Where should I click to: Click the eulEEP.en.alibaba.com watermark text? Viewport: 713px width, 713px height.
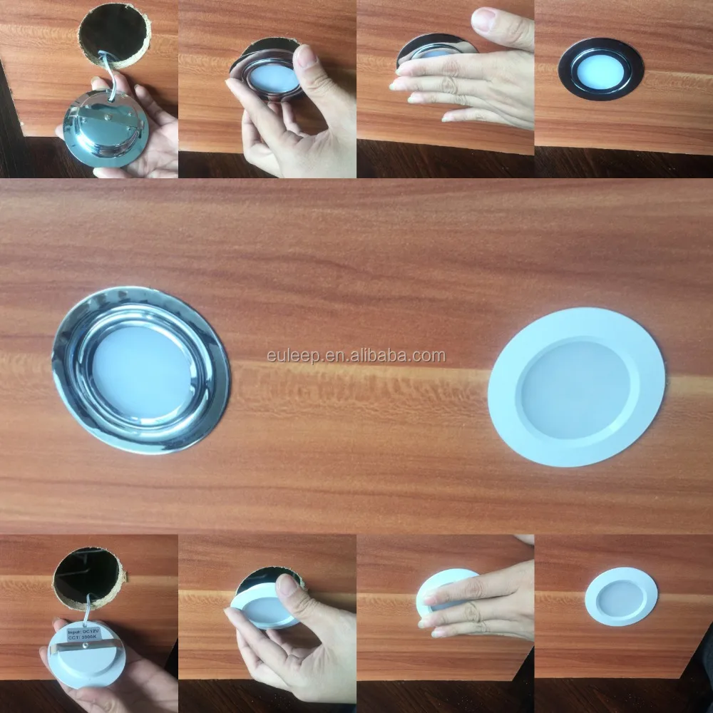355,355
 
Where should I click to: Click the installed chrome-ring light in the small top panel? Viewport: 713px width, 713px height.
601,69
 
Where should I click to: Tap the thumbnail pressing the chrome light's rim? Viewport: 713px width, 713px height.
306,56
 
